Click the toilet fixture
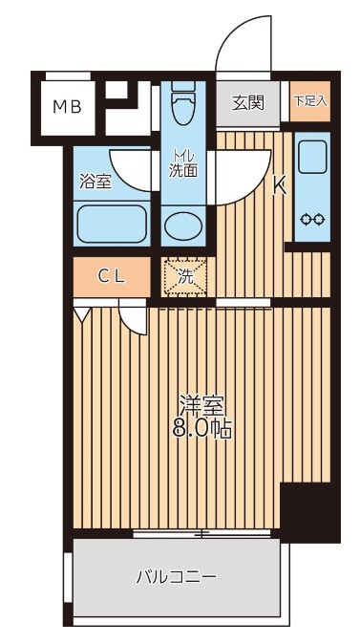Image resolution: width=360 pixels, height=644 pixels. point(182,102)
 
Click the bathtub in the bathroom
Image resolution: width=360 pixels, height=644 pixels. point(111,226)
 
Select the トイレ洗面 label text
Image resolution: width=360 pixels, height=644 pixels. point(183,163)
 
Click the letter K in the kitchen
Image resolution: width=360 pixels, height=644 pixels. point(280,187)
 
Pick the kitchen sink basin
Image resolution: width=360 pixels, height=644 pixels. point(311,156)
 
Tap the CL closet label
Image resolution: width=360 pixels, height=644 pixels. point(112,277)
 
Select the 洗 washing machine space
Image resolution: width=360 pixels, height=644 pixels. point(185,278)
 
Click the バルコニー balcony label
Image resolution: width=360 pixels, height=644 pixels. point(176,577)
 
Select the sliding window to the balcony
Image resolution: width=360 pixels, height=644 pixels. point(205,532)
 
